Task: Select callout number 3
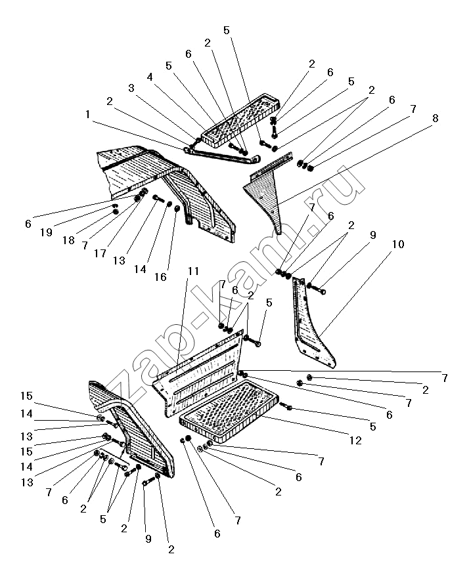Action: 131,87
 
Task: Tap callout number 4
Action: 150,76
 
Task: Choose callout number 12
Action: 355,441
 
